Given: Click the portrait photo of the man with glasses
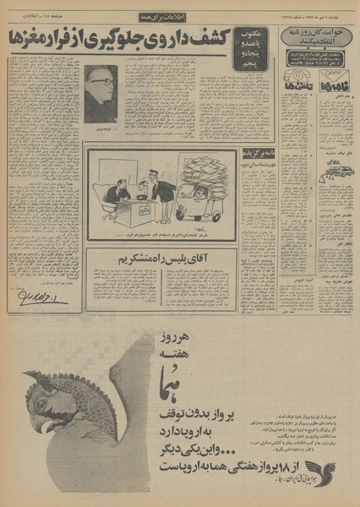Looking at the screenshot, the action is [x=101, y=95].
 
